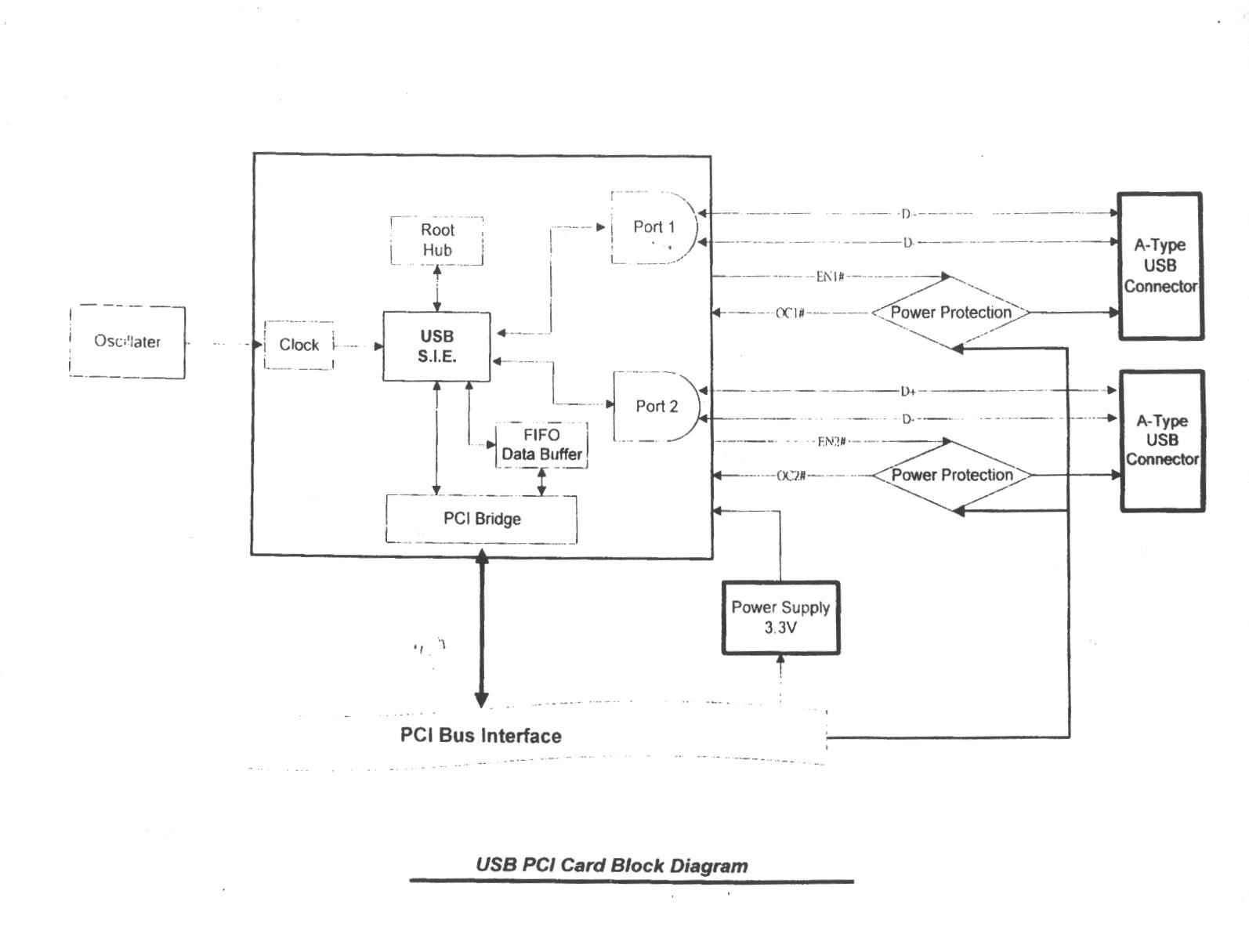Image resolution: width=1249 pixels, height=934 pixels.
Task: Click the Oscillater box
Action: click(x=127, y=342)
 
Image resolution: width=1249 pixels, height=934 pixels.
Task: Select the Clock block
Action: click(x=299, y=345)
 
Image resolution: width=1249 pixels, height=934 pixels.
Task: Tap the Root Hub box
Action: click(x=437, y=240)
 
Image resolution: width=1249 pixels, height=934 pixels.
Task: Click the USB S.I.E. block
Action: click(x=436, y=346)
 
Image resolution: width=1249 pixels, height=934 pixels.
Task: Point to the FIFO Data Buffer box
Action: click(x=541, y=445)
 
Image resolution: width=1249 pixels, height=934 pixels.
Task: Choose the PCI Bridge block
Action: click(x=482, y=519)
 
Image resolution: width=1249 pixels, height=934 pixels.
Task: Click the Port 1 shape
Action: click(x=653, y=227)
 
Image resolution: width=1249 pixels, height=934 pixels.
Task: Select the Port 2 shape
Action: click(x=656, y=406)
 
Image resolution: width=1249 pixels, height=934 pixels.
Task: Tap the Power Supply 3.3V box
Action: click(x=780, y=617)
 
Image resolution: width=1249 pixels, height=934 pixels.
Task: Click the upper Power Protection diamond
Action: click(x=950, y=313)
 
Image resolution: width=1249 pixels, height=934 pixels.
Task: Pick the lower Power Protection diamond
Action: click(x=952, y=475)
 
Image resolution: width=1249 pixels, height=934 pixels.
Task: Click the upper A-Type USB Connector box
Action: click(x=1160, y=266)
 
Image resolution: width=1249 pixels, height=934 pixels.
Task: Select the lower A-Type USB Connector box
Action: click(x=1162, y=440)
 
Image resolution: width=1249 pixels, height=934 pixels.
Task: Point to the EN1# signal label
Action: click(x=830, y=277)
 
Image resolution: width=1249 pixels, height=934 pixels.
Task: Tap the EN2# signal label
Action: click(x=831, y=442)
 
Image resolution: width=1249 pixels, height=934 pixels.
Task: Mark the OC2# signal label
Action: click(x=791, y=476)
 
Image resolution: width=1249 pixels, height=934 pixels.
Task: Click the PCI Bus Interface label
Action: click(x=480, y=736)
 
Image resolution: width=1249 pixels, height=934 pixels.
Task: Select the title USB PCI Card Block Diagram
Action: click(x=611, y=866)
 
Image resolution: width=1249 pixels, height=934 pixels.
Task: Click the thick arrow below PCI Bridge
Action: click(x=482, y=628)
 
